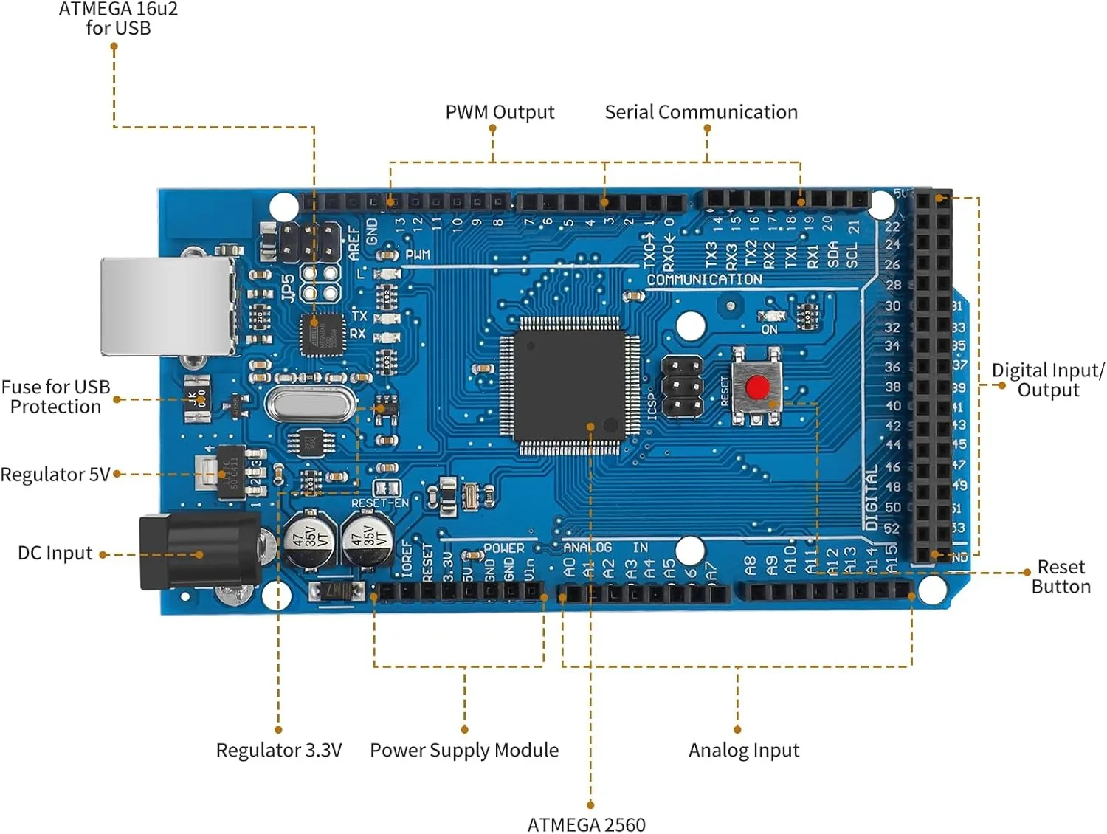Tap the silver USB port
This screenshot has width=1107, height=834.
(168, 306)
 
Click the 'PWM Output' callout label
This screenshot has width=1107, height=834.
(500, 112)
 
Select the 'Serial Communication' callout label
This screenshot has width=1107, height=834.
(701, 112)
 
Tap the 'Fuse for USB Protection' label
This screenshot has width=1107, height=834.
(55, 397)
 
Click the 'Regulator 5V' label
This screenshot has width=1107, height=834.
(55, 475)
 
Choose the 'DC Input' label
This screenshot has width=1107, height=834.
(55, 554)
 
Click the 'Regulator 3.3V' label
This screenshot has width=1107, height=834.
(279, 751)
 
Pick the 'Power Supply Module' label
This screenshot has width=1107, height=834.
(464, 751)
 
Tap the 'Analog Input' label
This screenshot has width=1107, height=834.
(744, 751)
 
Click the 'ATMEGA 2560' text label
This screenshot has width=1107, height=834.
(587, 824)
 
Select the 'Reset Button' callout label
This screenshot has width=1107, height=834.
(1061, 576)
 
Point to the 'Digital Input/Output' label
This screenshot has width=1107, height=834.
(1048, 380)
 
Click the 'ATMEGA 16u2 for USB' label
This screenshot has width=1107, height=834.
(118, 18)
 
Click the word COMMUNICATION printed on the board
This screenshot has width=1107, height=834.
(704, 280)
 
